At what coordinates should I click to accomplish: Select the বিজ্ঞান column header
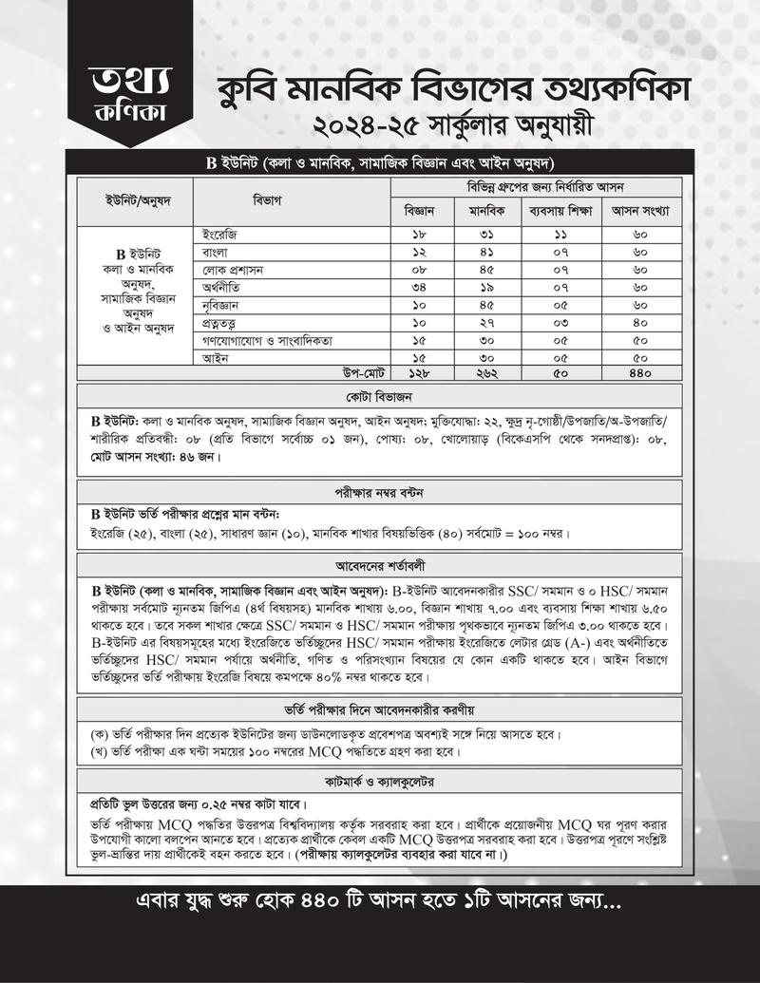419,210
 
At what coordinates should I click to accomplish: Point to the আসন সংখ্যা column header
640,210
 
